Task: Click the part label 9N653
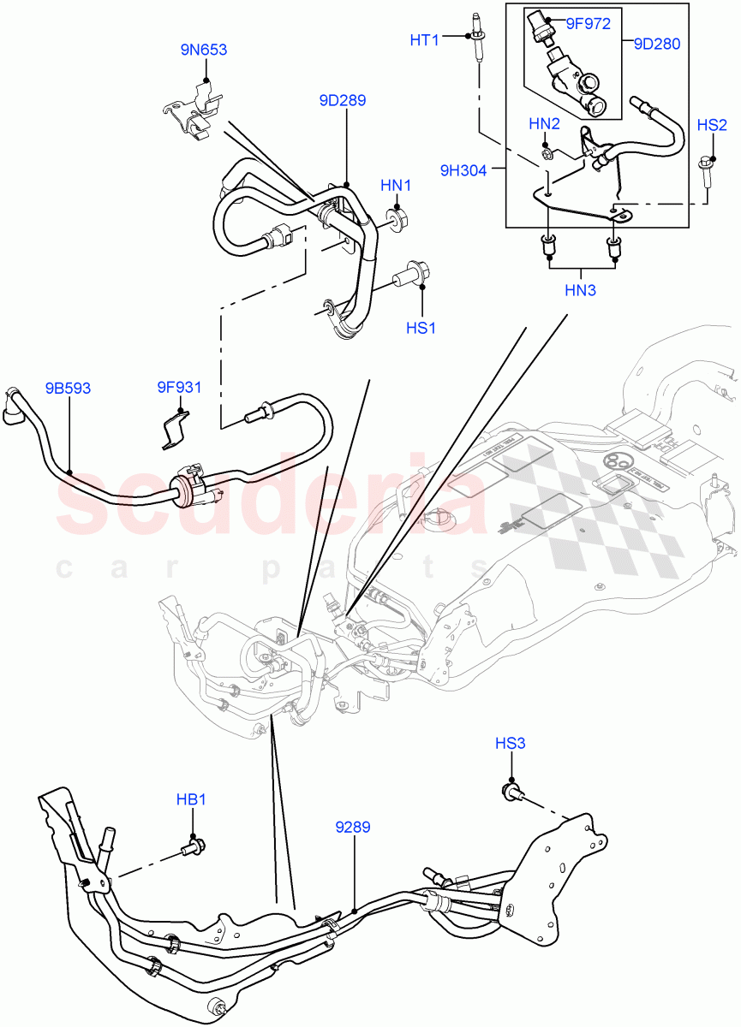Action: pyautogui.click(x=203, y=50)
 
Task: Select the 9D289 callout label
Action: pyautogui.click(x=343, y=100)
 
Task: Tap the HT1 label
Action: pyautogui.click(x=424, y=39)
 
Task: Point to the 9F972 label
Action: pyautogui.click(x=587, y=23)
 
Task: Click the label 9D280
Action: pyautogui.click(x=657, y=44)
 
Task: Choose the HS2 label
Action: pyautogui.click(x=712, y=125)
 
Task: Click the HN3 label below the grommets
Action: pyautogui.click(x=580, y=290)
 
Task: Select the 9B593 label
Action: pyautogui.click(x=68, y=389)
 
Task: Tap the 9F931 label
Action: pyautogui.click(x=179, y=388)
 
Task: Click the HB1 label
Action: pyautogui.click(x=192, y=799)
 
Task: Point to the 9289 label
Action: pyautogui.click(x=353, y=828)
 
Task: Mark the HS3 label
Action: pyautogui.click(x=510, y=744)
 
